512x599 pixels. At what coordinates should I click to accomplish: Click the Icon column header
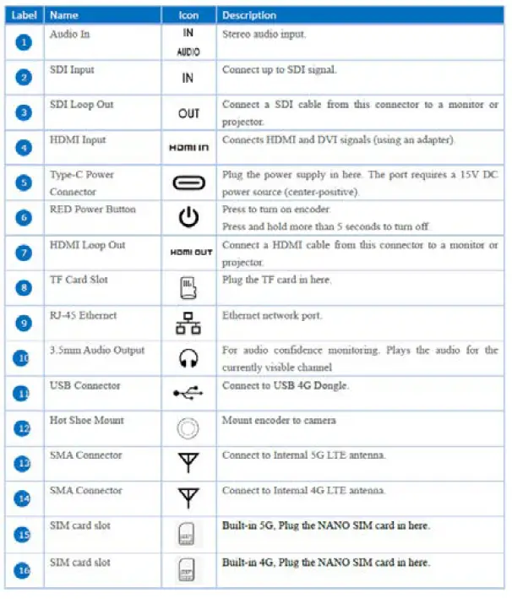(188, 15)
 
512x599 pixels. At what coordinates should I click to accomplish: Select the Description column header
(248, 15)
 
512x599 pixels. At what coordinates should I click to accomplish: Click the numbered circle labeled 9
(24, 324)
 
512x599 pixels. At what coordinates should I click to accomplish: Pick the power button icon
(188, 218)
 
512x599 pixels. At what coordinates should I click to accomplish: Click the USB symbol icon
(188, 393)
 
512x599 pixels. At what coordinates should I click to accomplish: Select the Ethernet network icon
(188, 324)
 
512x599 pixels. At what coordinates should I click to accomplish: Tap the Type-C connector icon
(188, 182)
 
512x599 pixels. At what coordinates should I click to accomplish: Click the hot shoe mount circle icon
(188, 428)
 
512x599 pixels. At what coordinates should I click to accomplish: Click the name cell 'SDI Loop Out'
(81, 105)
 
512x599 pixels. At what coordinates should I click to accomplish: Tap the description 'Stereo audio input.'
(264, 35)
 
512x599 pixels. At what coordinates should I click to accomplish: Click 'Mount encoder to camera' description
(279, 420)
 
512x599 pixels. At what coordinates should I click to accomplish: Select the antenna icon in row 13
(188, 463)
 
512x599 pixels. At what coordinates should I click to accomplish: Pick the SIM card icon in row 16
(188, 570)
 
